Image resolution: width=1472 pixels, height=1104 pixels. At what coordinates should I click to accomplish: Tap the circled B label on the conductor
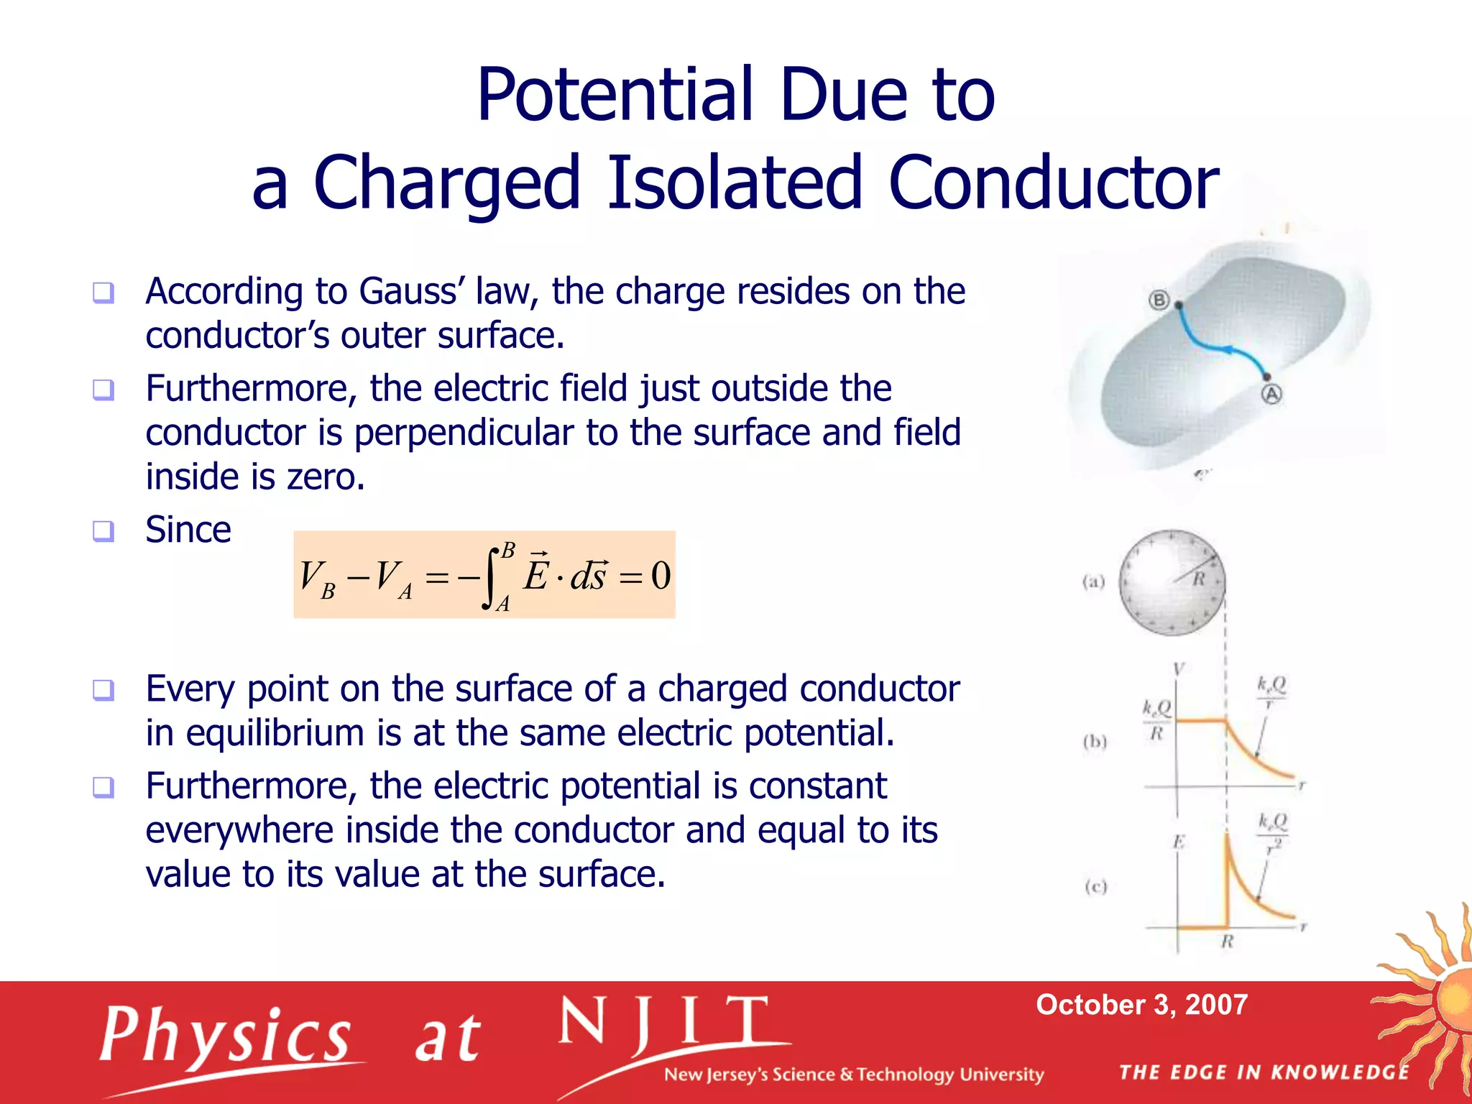(x=1159, y=300)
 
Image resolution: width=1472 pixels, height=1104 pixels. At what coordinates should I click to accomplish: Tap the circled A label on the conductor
(x=1271, y=394)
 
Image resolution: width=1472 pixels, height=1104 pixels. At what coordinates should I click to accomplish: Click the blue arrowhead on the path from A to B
(x=1230, y=351)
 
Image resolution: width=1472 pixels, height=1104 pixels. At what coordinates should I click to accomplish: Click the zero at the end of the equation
(x=661, y=576)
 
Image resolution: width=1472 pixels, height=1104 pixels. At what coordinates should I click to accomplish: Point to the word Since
(x=188, y=530)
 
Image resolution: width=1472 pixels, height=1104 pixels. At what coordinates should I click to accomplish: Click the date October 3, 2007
(x=1141, y=1005)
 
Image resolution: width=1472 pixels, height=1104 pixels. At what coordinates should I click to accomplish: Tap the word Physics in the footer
(x=226, y=1036)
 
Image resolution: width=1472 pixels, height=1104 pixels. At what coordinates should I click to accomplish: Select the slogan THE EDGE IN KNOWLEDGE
(x=1264, y=1072)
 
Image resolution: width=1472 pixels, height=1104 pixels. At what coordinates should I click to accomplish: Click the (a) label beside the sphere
(x=1093, y=581)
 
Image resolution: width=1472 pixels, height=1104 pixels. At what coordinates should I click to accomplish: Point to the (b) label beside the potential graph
(x=1095, y=741)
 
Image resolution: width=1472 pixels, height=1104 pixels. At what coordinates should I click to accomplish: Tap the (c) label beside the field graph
(x=1095, y=886)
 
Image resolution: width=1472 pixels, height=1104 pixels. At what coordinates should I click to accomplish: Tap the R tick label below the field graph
(x=1227, y=942)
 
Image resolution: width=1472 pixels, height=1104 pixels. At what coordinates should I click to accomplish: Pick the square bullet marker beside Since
(x=103, y=531)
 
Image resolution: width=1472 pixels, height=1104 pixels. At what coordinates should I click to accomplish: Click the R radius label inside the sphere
(x=1199, y=579)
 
